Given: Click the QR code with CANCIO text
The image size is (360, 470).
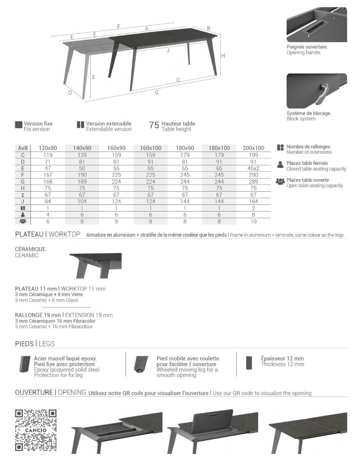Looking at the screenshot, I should pos(36,430).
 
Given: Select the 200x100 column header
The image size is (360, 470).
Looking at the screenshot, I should pos(253,148).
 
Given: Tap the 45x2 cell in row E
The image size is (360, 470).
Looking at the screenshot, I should pos(253,168).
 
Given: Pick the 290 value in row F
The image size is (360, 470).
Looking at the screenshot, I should pos(253,175).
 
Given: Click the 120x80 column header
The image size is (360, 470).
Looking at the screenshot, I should pos(48,148).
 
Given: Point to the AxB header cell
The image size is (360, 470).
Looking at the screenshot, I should pos(23,148).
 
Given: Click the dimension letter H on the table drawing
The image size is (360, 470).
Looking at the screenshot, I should pos(223,56).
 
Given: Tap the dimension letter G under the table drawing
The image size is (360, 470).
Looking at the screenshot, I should pos(157,92).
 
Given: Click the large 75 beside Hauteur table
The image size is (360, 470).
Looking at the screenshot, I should pos(154,125).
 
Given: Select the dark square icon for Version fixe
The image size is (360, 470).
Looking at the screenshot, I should pos(18,125).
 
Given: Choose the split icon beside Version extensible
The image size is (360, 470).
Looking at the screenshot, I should pos(81,125).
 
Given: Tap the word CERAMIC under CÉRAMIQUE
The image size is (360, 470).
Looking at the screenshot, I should pos(27,255).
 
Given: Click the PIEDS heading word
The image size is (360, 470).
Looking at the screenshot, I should pos(24,344).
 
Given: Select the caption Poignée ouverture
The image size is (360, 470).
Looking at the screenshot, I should pos(307,47).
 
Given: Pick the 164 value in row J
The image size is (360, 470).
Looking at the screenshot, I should pos(253,201).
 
